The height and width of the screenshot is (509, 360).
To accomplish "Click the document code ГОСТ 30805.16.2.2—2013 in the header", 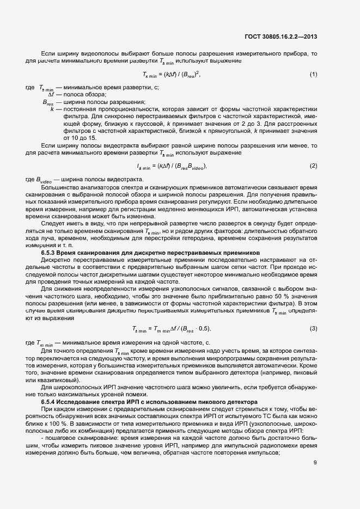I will pyautogui.click(x=281, y=37).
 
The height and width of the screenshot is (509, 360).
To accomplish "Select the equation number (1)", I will pyautogui.click(x=313, y=74).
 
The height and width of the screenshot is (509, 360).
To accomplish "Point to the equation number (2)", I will pyautogui.click(x=313, y=165).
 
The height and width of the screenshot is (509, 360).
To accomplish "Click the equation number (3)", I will pyautogui.click(x=313, y=329).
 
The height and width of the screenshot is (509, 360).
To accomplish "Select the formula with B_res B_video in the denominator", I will pyautogui.click(x=172, y=165).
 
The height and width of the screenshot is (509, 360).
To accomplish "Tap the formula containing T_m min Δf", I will pyautogui.click(x=172, y=329).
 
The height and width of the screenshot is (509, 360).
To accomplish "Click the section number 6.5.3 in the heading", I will pyautogui.click(x=49, y=253).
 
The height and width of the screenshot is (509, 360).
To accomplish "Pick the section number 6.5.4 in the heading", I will pyautogui.click(x=49, y=401).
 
